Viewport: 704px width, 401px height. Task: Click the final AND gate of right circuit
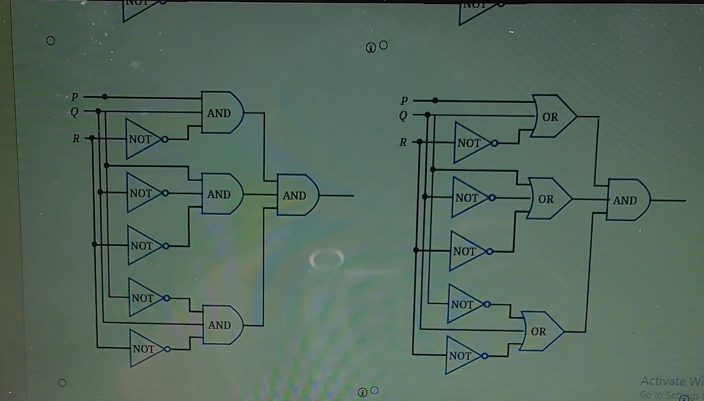click(x=627, y=200)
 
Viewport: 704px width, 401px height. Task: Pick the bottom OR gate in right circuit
click(x=540, y=331)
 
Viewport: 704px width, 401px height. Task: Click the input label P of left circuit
click(x=75, y=96)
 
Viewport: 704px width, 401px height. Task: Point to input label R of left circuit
click(x=76, y=138)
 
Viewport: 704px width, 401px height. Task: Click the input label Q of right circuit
click(x=403, y=116)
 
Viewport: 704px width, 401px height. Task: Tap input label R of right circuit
click(x=403, y=142)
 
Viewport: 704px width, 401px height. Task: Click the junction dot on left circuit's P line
click(x=105, y=97)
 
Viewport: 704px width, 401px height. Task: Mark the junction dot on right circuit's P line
click(x=435, y=101)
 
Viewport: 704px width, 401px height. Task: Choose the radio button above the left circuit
click(x=51, y=40)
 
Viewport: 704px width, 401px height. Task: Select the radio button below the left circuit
click(x=62, y=383)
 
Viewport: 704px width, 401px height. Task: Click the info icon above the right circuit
click(x=371, y=48)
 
